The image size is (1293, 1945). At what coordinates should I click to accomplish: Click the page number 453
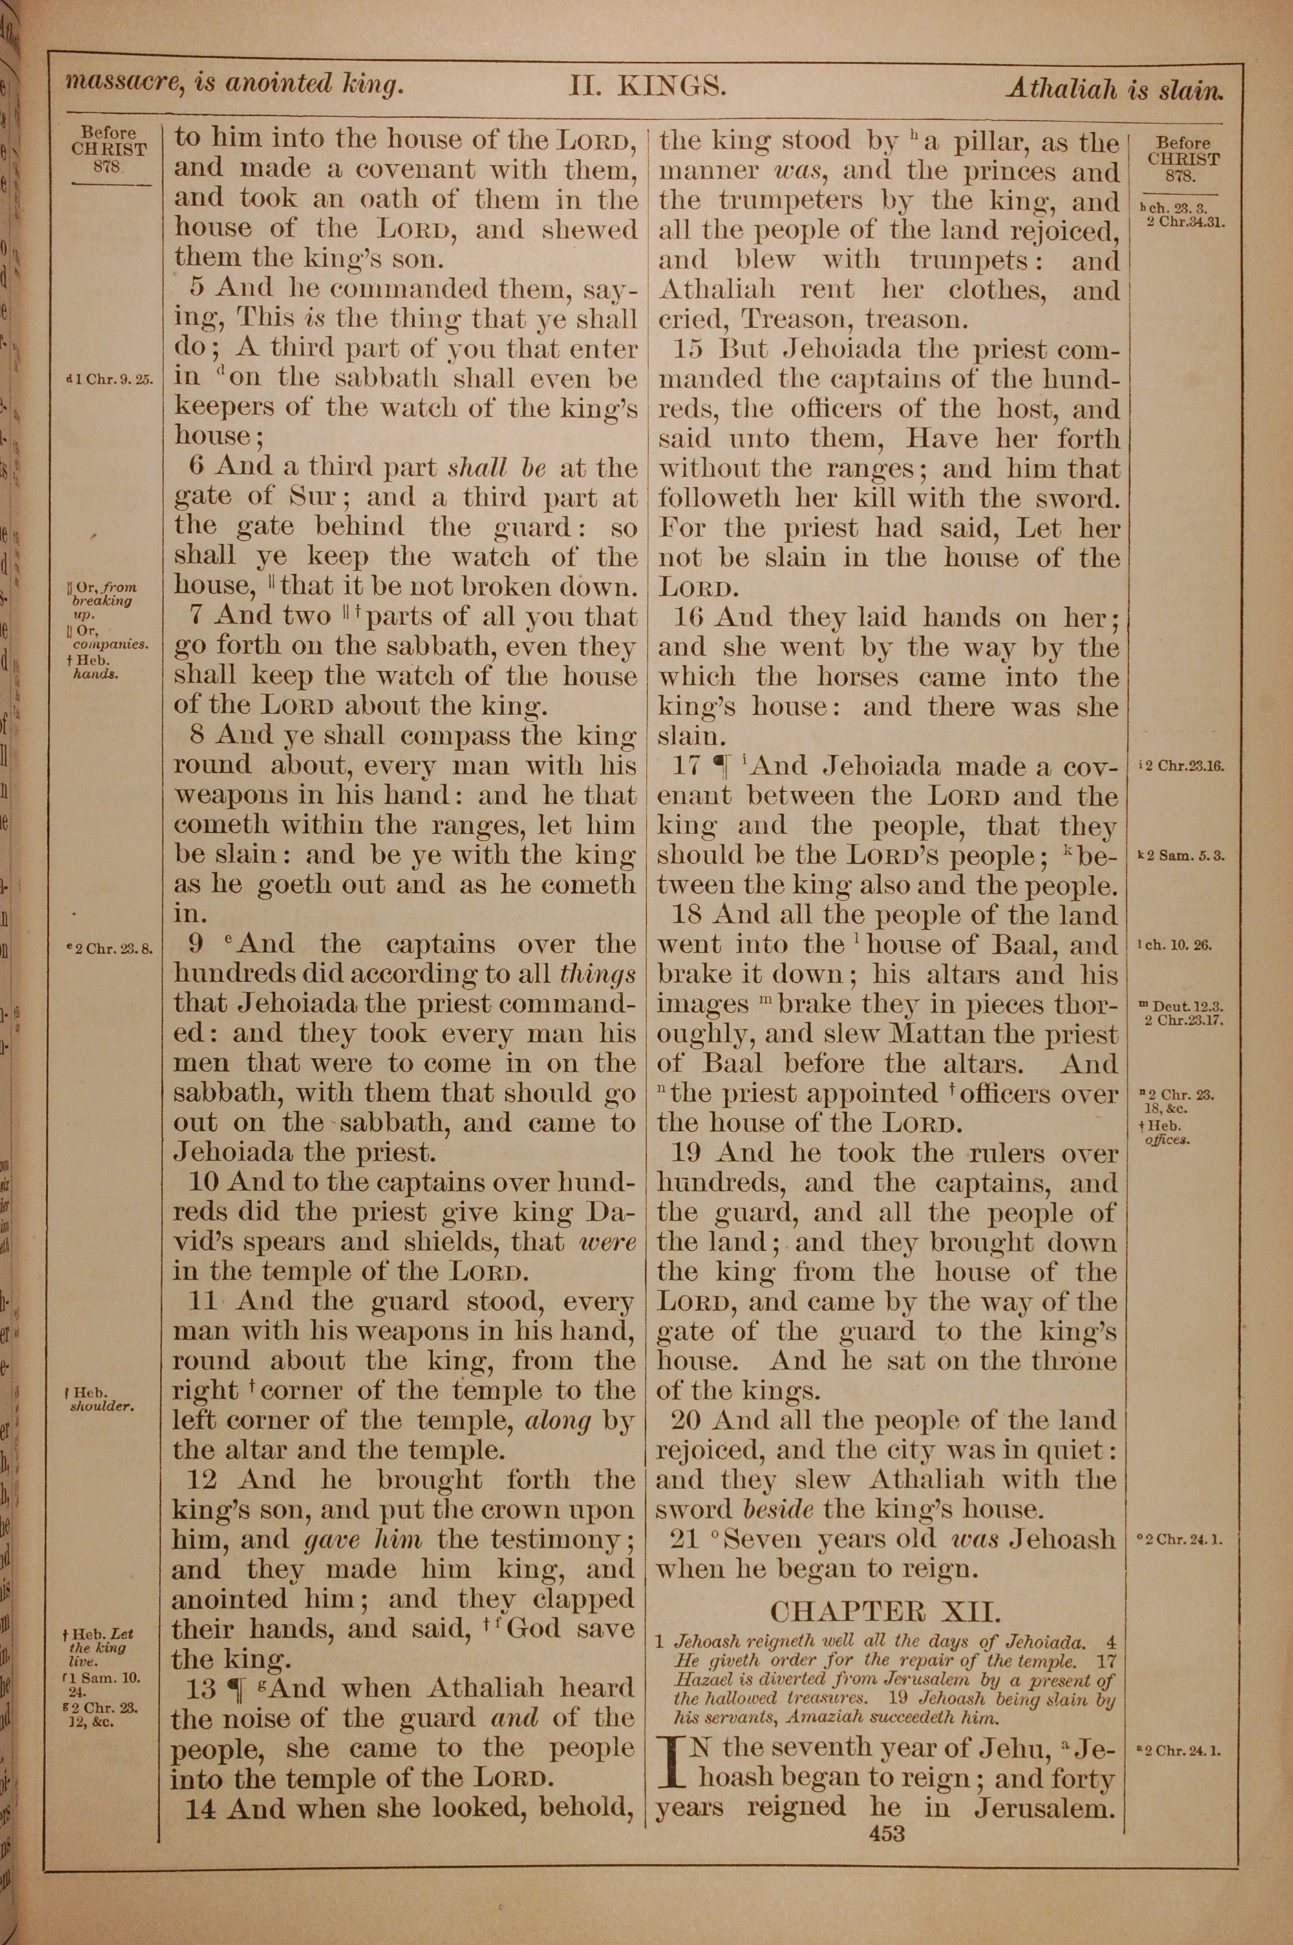[x=886, y=1834]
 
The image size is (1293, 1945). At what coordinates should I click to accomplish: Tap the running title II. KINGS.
[x=647, y=86]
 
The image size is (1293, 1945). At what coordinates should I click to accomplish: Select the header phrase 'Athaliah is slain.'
[x=1113, y=88]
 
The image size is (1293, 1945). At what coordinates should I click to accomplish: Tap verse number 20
[x=686, y=1420]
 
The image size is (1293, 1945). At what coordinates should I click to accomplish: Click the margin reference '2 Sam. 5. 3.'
[x=1186, y=856]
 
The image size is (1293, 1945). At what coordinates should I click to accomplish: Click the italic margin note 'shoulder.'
[x=102, y=1406]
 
